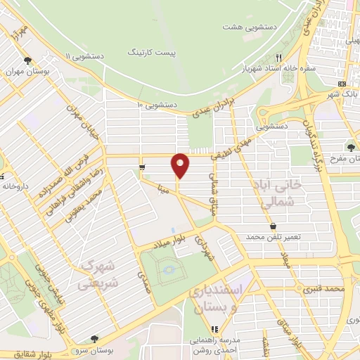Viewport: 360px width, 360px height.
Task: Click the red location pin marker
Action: (181, 165)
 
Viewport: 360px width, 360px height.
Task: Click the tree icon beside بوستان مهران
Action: (27, 60)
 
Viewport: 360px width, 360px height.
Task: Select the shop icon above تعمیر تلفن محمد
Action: (272, 226)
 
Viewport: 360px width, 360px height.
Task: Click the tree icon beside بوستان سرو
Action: (94, 339)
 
